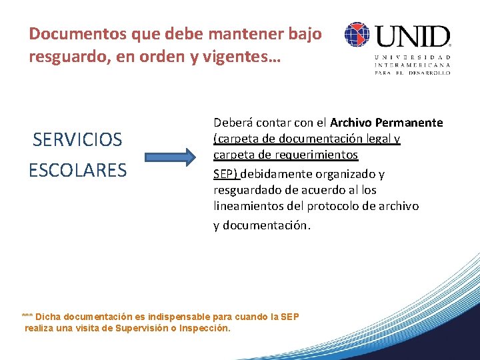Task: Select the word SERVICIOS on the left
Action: [x=78, y=140]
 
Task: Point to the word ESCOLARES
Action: [x=77, y=170]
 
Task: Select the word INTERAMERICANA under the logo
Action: [x=413, y=65]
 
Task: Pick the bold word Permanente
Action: [x=409, y=123]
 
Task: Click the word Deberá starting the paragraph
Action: [x=231, y=123]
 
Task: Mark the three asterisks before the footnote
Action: [x=27, y=316]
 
